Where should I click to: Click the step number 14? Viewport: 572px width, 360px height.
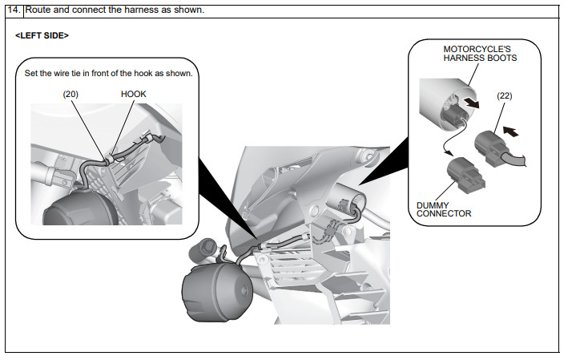[x=14, y=10]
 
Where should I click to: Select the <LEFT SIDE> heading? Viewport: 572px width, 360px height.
[x=42, y=35]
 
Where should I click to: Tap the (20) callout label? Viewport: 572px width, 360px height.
[x=70, y=94]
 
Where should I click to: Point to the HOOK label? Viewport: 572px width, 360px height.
[x=133, y=94]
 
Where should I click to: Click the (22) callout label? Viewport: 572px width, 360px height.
[x=504, y=95]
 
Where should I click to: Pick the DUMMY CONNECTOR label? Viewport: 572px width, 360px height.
[x=444, y=209]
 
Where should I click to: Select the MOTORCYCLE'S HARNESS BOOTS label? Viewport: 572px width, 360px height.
[x=480, y=53]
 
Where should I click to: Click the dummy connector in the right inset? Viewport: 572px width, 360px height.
[x=465, y=175]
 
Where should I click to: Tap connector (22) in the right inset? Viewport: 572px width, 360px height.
[x=490, y=148]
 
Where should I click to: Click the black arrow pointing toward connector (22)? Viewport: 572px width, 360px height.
[x=510, y=131]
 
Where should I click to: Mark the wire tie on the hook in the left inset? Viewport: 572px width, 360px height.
[x=109, y=159]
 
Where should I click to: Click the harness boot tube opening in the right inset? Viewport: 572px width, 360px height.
[x=457, y=109]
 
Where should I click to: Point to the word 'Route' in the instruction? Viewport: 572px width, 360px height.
[x=38, y=10]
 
